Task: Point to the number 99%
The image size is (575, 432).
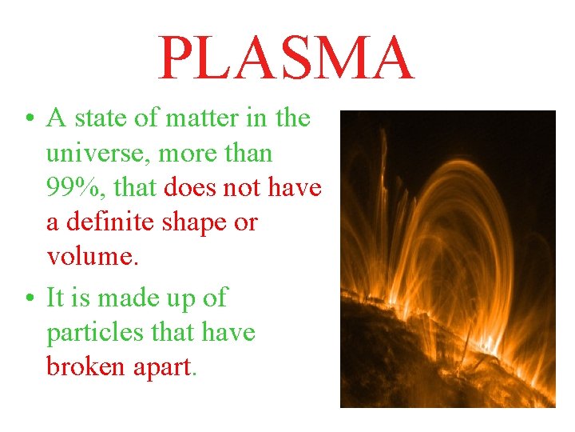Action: tap(73, 188)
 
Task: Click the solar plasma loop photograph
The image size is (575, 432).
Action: tap(447, 259)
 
